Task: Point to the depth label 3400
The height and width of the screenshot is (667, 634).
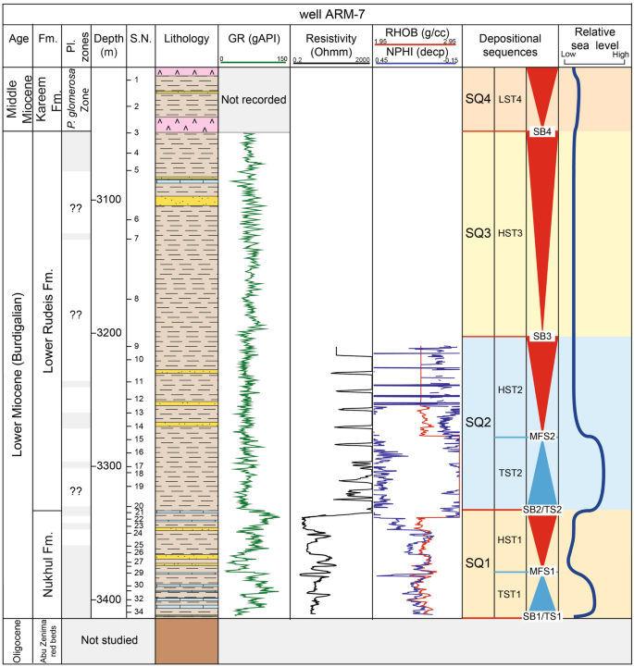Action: (x=108, y=599)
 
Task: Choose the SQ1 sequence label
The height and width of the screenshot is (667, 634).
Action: (x=478, y=562)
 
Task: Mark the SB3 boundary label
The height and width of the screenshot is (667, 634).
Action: (x=542, y=336)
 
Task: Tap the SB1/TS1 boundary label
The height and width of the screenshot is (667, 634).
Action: (x=542, y=616)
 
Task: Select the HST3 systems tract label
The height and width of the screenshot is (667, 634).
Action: (x=510, y=233)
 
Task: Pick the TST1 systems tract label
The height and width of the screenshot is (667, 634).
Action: (x=510, y=594)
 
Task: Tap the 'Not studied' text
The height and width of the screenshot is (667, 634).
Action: (x=110, y=639)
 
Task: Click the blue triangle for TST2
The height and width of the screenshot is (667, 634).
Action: (x=542, y=474)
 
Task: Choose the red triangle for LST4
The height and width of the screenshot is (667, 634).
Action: (x=542, y=96)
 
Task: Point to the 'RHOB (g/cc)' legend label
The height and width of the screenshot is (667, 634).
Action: (x=416, y=31)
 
